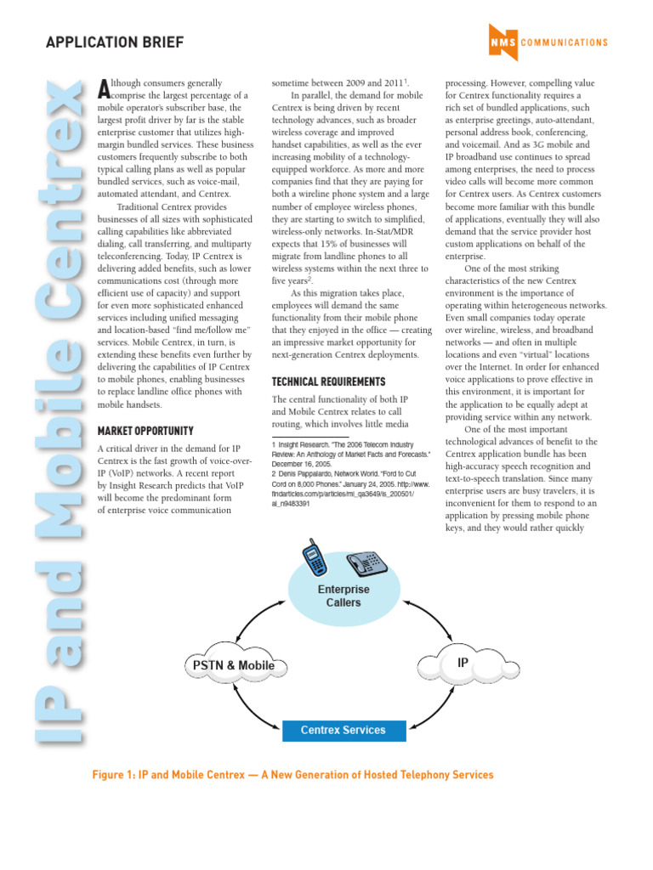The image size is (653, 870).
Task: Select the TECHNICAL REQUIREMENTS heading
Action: (x=328, y=381)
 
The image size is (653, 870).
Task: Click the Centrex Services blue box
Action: (x=344, y=730)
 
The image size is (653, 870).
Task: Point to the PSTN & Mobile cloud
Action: (x=230, y=665)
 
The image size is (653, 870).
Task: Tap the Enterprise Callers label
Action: (x=344, y=596)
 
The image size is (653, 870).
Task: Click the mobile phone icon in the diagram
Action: (x=314, y=556)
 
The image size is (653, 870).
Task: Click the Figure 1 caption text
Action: (x=293, y=775)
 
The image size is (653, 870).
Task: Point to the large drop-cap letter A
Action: (x=104, y=87)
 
